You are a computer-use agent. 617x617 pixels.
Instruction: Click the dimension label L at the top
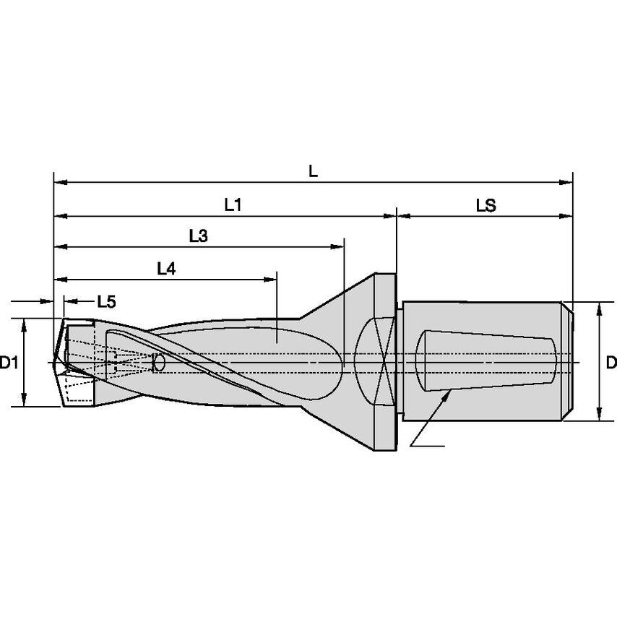coord(313,172)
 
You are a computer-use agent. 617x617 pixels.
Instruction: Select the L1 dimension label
coord(232,205)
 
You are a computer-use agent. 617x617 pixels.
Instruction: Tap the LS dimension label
coord(486,205)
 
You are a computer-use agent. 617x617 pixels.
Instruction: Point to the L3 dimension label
coord(199,236)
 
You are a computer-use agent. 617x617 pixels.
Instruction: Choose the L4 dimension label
coord(166,268)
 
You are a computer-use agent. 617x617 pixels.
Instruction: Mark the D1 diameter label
coord(9,363)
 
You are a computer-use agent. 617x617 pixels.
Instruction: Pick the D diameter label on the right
coord(610,363)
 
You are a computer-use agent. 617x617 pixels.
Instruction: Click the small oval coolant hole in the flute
coord(159,363)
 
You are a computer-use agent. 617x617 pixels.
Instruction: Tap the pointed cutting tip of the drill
coord(56,358)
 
